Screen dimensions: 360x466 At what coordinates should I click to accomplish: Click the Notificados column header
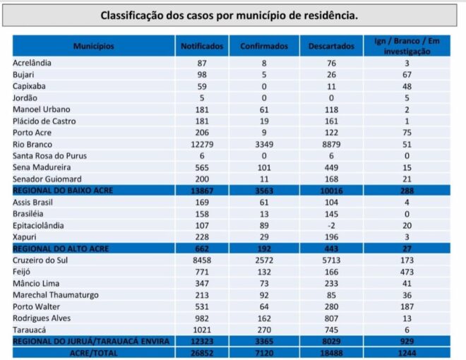[202, 47]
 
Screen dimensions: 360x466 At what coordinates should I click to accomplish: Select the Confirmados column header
[264, 47]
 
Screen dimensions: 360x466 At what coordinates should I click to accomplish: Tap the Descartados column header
[331, 47]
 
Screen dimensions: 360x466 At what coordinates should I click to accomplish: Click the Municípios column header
[93, 47]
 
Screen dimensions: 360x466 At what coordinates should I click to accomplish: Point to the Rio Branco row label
[32, 144]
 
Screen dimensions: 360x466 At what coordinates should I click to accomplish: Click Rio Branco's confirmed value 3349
[264, 144]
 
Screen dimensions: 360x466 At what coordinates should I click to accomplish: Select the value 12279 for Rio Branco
[202, 144]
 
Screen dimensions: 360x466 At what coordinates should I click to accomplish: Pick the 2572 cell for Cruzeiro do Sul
[264, 260]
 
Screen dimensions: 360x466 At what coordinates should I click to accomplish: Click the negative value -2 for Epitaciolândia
[331, 225]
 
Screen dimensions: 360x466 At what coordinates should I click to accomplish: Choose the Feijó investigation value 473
[407, 272]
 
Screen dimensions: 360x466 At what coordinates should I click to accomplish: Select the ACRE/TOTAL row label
[93, 353]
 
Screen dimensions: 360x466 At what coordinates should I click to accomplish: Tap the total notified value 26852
[202, 353]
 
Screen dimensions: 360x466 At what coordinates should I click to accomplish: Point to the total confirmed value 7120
[264, 353]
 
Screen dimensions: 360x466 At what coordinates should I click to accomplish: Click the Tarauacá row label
[30, 330]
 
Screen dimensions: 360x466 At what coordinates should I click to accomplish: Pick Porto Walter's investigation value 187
[407, 306]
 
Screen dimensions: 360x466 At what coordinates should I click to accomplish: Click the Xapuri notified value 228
[202, 237]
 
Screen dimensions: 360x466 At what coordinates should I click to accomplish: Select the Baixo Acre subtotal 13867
[202, 191]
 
